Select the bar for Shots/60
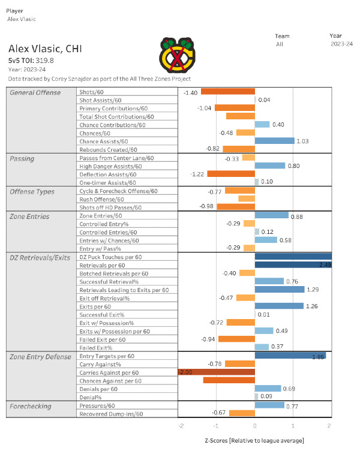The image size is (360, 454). click(227, 91)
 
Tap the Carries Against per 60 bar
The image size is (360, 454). click(217, 372)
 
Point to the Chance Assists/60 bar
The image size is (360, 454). click(274, 141)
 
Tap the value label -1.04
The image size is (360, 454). click(205, 108)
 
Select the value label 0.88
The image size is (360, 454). click(297, 215)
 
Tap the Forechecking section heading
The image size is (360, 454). click(30, 406)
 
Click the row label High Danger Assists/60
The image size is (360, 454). click(113, 166)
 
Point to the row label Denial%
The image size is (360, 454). click(90, 396)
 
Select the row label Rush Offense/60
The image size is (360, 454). click(102, 199)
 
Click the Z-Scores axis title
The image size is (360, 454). click(254, 441)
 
